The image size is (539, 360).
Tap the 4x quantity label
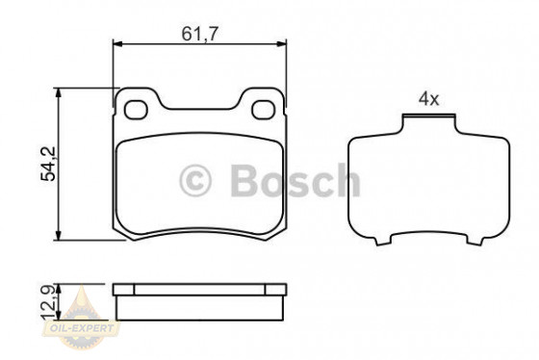coord(428,98)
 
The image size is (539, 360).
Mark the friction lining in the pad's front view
coord(199,183)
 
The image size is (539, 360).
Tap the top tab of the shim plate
coord(428,121)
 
